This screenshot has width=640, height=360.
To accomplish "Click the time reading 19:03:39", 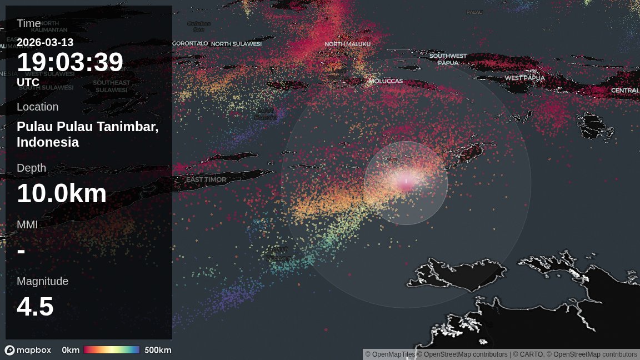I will (x=70, y=62).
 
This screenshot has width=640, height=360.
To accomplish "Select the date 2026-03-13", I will (x=45, y=42).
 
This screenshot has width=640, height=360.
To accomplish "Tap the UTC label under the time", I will (x=28, y=82).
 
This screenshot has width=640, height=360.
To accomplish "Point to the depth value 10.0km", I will (x=62, y=193).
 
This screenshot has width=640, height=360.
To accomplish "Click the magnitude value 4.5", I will (x=35, y=307).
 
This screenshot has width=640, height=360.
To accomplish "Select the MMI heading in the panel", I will (x=27, y=224).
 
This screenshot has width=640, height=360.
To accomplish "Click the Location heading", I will (x=37, y=107).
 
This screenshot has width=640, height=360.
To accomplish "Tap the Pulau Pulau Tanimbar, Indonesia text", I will (x=87, y=134).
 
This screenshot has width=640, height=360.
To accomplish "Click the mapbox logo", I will (x=28, y=350).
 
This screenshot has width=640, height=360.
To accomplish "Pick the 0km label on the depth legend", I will (x=71, y=350).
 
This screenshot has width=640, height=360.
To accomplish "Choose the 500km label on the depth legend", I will (x=158, y=350).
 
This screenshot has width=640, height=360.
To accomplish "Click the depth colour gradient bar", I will (x=112, y=350).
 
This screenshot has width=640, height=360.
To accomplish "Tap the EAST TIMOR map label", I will (x=206, y=179).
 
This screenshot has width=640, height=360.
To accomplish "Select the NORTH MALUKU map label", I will (x=347, y=44).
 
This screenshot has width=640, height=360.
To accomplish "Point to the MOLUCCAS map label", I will (x=386, y=81).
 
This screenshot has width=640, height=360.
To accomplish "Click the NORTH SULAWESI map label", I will (x=236, y=43).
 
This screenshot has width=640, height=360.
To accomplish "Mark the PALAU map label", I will (x=474, y=12).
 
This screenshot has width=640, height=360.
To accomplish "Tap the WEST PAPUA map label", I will (x=524, y=78).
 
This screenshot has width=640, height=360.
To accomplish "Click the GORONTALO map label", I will (x=189, y=43).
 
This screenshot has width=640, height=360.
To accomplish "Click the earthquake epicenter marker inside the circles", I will (x=406, y=182).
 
